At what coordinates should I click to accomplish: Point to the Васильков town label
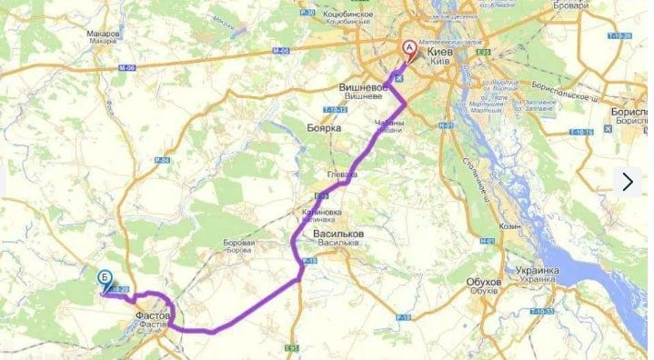(x=338, y=234)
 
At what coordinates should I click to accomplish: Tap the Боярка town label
(x=323, y=128)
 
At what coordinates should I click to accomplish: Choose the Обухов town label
(x=484, y=282)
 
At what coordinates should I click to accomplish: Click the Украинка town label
(x=537, y=271)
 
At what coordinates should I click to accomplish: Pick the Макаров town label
(x=104, y=34)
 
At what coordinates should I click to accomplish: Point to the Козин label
(x=510, y=225)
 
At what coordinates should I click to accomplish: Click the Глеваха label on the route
(x=342, y=173)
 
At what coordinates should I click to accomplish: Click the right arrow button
(x=628, y=181)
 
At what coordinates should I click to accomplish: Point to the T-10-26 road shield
(x=622, y=35)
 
